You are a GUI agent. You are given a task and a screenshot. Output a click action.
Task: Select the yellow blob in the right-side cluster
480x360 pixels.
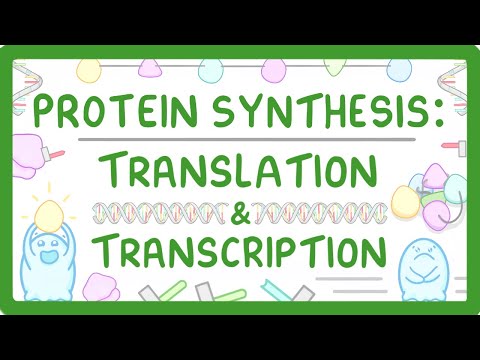coord(412,199)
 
